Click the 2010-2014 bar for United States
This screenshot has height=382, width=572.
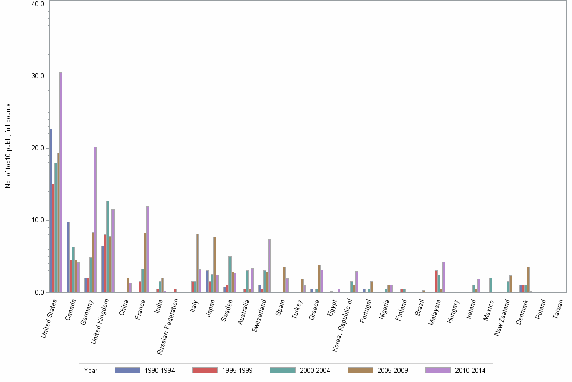pyautogui.click(x=61, y=182)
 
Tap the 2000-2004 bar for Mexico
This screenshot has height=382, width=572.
pyautogui.click(x=491, y=285)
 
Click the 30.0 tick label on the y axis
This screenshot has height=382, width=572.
pyautogui.click(x=38, y=76)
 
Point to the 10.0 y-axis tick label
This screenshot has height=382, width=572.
pyautogui.click(x=38, y=220)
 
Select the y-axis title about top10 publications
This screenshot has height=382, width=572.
pyautogui.click(x=8, y=146)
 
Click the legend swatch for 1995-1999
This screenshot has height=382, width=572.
pyautogui.click(x=205, y=370)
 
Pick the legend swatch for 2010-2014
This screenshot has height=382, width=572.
pyautogui.click(x=438, y=370)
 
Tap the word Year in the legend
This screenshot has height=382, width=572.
pyautogui.click(x=91, y=371)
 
